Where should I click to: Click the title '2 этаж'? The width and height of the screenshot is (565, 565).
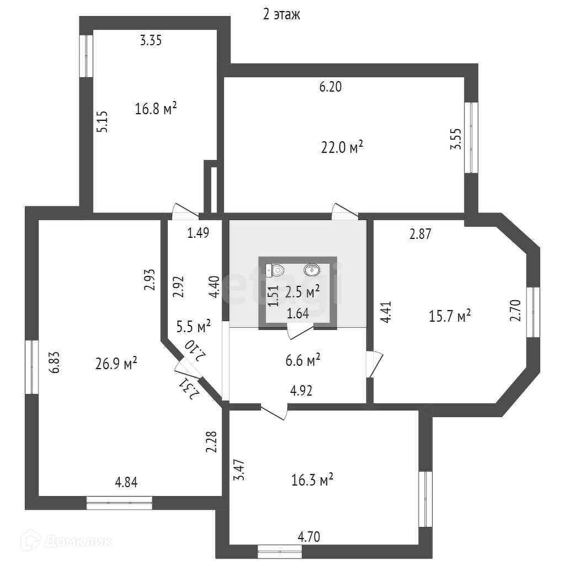[281, 15]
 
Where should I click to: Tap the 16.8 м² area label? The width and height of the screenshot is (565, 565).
[156, 109]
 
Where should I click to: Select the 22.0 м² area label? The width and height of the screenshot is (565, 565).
[342, 147]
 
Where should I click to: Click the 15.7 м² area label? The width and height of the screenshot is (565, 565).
[450, 316]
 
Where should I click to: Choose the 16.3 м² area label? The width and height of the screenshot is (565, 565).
[312, 481]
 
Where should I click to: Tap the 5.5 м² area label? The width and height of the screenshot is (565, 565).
[193, 327]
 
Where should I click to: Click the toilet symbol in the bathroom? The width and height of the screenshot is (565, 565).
[275, 270]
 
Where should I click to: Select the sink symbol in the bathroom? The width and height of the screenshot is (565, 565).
[312, 270]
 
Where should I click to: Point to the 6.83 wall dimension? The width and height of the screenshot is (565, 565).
[54, 364]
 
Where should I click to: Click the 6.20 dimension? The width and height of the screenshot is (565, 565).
[331, 87]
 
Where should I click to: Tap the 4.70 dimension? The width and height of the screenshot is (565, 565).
[309, 536]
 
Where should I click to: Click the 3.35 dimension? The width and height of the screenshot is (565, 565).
[151, 40]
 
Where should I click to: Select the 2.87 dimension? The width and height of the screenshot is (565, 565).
[420, 233]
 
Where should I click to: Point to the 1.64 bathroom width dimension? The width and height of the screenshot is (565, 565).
[298, 314]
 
